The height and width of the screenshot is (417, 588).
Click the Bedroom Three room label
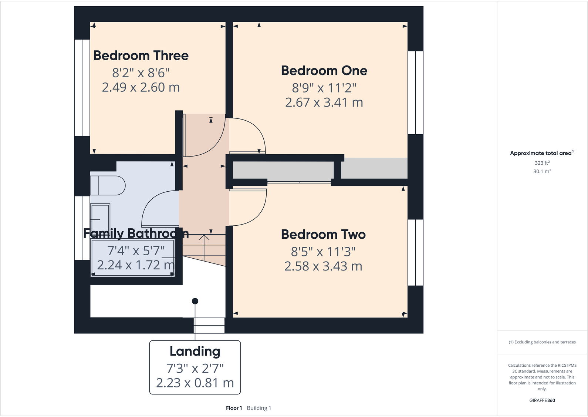(x=141, y=56)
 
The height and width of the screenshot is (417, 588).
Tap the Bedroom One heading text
(x=324, y=71)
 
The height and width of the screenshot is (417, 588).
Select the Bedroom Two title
(x=323, y=235)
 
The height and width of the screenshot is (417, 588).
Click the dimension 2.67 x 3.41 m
(x=324, y=102)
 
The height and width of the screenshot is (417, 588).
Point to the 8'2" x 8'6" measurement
(x=141, y=73)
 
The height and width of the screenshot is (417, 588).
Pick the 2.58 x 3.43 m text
(x=323, y=266)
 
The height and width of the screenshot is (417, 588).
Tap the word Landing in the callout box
(x=195, y=351)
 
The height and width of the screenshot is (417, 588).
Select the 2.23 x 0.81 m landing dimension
(x=195, y=383)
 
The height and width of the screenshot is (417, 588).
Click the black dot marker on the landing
(x=195, y=301)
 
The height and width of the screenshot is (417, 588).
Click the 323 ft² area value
(x=542, y=163)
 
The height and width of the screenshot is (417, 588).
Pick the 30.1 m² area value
(x=542, y=171)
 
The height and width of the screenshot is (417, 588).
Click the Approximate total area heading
(x=541, y=153)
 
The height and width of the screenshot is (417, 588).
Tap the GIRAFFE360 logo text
(x=542, y=400)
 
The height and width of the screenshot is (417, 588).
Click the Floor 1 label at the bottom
(x=234, y=408)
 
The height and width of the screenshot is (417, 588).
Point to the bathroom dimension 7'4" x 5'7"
(x=136, y=251)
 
